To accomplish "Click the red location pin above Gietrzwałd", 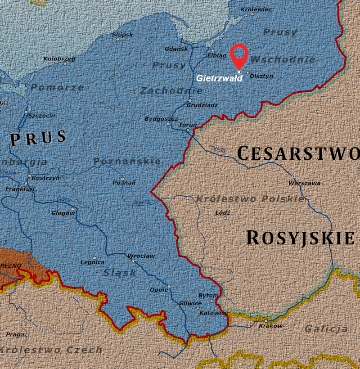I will click(239, 55).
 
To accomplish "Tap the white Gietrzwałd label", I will click(219, 78).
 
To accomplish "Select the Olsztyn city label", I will click(261, 76).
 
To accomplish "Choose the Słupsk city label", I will click(122, 34).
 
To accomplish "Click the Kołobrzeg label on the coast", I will click(59, 58).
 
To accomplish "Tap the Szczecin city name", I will click(41, 116).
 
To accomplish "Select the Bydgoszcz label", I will click(161, 119).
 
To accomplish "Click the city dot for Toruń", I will click(188, 130).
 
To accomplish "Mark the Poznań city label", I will click(124, 183).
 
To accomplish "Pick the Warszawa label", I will click(304, 183).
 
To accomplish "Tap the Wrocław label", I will click(141, 256).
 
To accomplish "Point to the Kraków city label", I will click(271, 326).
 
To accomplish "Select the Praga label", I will click(15, 334).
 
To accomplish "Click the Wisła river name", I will click(218, 149).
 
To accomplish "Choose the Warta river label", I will click(142, 202).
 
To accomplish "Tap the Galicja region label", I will click(326, 329).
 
